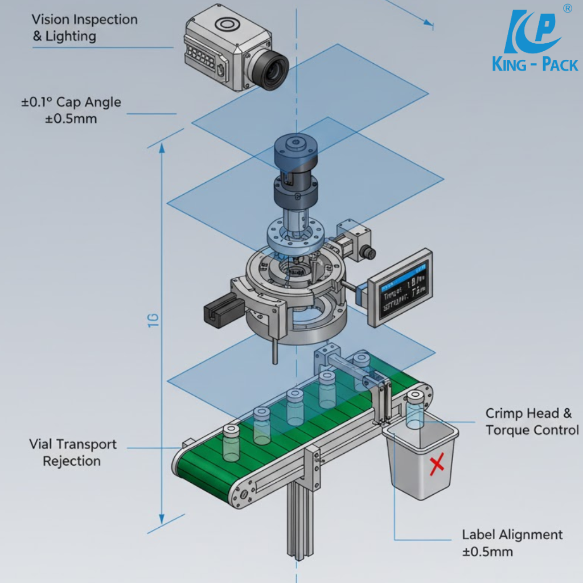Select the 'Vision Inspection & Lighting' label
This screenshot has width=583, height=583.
(x=84, y=27)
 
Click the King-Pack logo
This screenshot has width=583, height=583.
(x=534, y=43)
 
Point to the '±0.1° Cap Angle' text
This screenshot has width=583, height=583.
(x=71, y=102)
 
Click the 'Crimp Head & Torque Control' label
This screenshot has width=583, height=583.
(x=532, y=421)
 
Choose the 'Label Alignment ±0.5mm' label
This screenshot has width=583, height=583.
(x=512, y=543)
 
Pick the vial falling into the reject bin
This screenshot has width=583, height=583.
(x=416, y=410)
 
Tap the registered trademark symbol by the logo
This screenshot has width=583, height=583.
(x=567, y=8)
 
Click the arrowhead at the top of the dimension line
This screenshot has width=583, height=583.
(x=162, y=148)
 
